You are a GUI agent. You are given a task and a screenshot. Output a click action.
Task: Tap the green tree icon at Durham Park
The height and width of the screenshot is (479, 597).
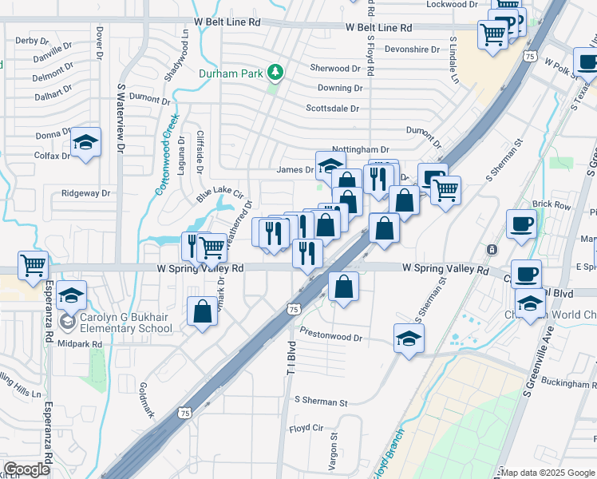(x=275, y=73)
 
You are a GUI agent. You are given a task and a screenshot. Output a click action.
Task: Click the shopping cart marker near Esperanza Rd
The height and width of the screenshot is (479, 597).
(x=33, y=265)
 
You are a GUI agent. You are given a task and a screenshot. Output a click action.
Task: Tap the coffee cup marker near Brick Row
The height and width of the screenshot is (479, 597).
(x=522, y=224)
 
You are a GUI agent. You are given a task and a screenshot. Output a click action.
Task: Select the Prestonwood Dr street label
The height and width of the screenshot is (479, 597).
(x=331, y=337)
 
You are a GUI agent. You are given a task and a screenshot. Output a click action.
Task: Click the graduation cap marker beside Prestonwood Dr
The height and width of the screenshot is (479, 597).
(x=409, y=338)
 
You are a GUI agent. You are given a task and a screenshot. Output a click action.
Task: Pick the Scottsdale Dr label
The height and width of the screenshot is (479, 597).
(x=333, y=109)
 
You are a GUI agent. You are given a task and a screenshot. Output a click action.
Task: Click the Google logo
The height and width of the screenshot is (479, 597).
(x=27, y=469)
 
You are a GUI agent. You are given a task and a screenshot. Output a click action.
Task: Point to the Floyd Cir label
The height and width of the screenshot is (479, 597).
(x=306, y=428)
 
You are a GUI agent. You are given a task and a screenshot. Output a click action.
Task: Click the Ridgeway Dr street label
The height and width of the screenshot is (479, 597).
(x=85, y=193)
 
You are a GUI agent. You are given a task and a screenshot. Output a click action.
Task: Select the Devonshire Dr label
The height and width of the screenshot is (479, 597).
(x=413, y=49)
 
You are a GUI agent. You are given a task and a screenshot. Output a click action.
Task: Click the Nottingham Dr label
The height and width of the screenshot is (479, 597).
(x=360, y=149)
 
